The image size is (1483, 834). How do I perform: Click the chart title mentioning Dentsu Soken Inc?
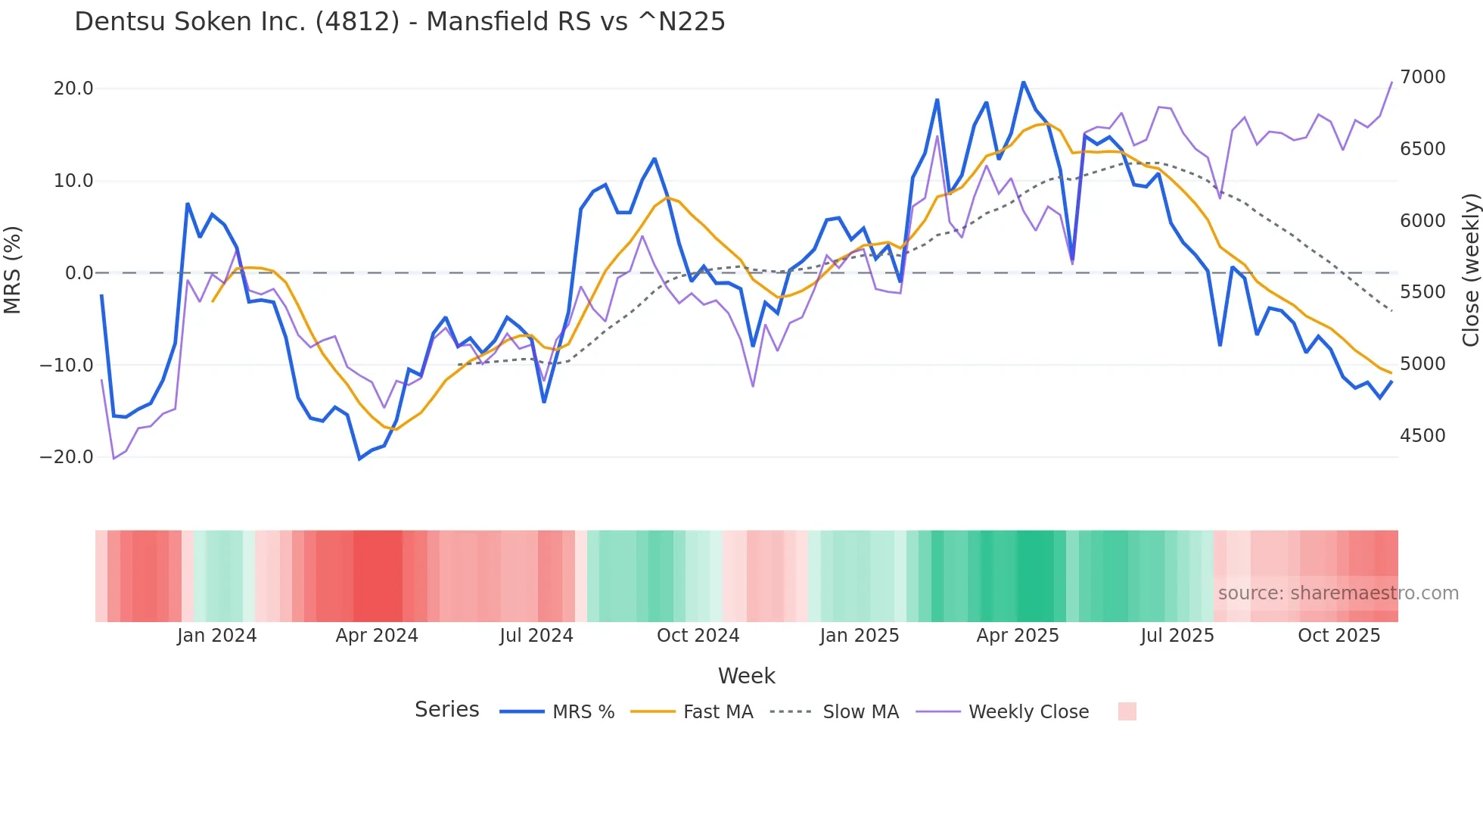point(400,22)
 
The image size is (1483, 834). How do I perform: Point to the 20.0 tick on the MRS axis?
point(73,89)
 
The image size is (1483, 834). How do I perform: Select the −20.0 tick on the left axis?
point(67,457)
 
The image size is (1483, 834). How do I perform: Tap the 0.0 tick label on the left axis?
point(79,273)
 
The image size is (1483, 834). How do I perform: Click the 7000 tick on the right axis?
point(1422,77)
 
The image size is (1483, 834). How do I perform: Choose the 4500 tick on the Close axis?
point(1422,436)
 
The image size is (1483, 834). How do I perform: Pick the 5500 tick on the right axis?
point(1422,292)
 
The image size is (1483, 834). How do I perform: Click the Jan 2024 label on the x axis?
point(216,636)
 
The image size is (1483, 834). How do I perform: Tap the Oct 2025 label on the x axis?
point(1338,636)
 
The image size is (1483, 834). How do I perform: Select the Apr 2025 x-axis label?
point(1017,636)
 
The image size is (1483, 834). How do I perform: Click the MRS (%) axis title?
point(13,269)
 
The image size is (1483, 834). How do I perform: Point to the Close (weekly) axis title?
point(1470,270)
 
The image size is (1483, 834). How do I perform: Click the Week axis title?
point(746,676)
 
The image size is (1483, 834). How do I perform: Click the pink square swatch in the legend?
point(1127,711)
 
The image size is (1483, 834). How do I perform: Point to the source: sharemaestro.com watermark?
point(1338,593)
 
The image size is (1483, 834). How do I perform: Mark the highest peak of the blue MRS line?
point(1023,82)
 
